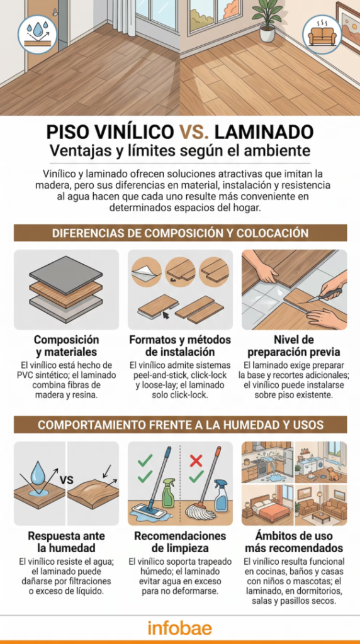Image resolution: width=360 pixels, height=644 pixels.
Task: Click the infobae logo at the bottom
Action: point(180,628)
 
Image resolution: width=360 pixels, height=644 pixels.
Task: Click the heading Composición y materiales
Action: point(66,346)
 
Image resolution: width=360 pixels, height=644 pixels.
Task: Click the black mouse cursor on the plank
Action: point(166,316)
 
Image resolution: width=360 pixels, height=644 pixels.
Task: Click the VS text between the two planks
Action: point(67,480)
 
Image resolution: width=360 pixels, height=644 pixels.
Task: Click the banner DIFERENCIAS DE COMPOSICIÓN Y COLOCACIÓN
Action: point(180,233)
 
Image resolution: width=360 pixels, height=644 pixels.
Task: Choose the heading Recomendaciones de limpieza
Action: point(180,542)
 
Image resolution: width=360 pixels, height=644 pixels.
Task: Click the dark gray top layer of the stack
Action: point(65,274)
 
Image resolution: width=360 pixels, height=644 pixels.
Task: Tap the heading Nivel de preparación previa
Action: point(293,346)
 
